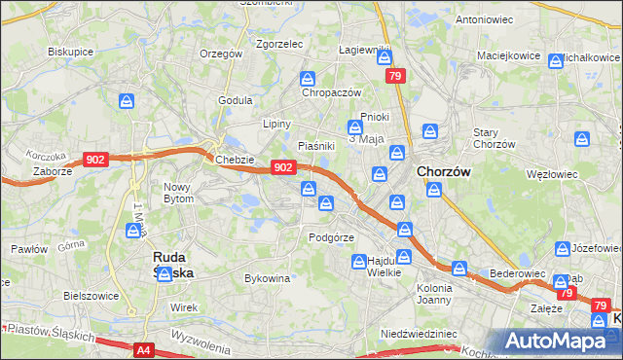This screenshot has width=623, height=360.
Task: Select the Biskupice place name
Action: tap(69, 52)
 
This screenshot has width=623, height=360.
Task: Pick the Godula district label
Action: tap(236, 99)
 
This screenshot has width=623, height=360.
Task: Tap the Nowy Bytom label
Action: tap(179, 192)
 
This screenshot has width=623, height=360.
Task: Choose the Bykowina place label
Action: tap(268, 278)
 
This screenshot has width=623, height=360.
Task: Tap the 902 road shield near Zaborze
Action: tap(95, 160)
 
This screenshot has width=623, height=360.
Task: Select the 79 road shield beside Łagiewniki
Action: tap(394, 76)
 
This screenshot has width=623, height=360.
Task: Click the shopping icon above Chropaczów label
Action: tap(308, 78)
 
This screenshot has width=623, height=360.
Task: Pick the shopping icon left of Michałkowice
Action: tap(556, 60)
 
